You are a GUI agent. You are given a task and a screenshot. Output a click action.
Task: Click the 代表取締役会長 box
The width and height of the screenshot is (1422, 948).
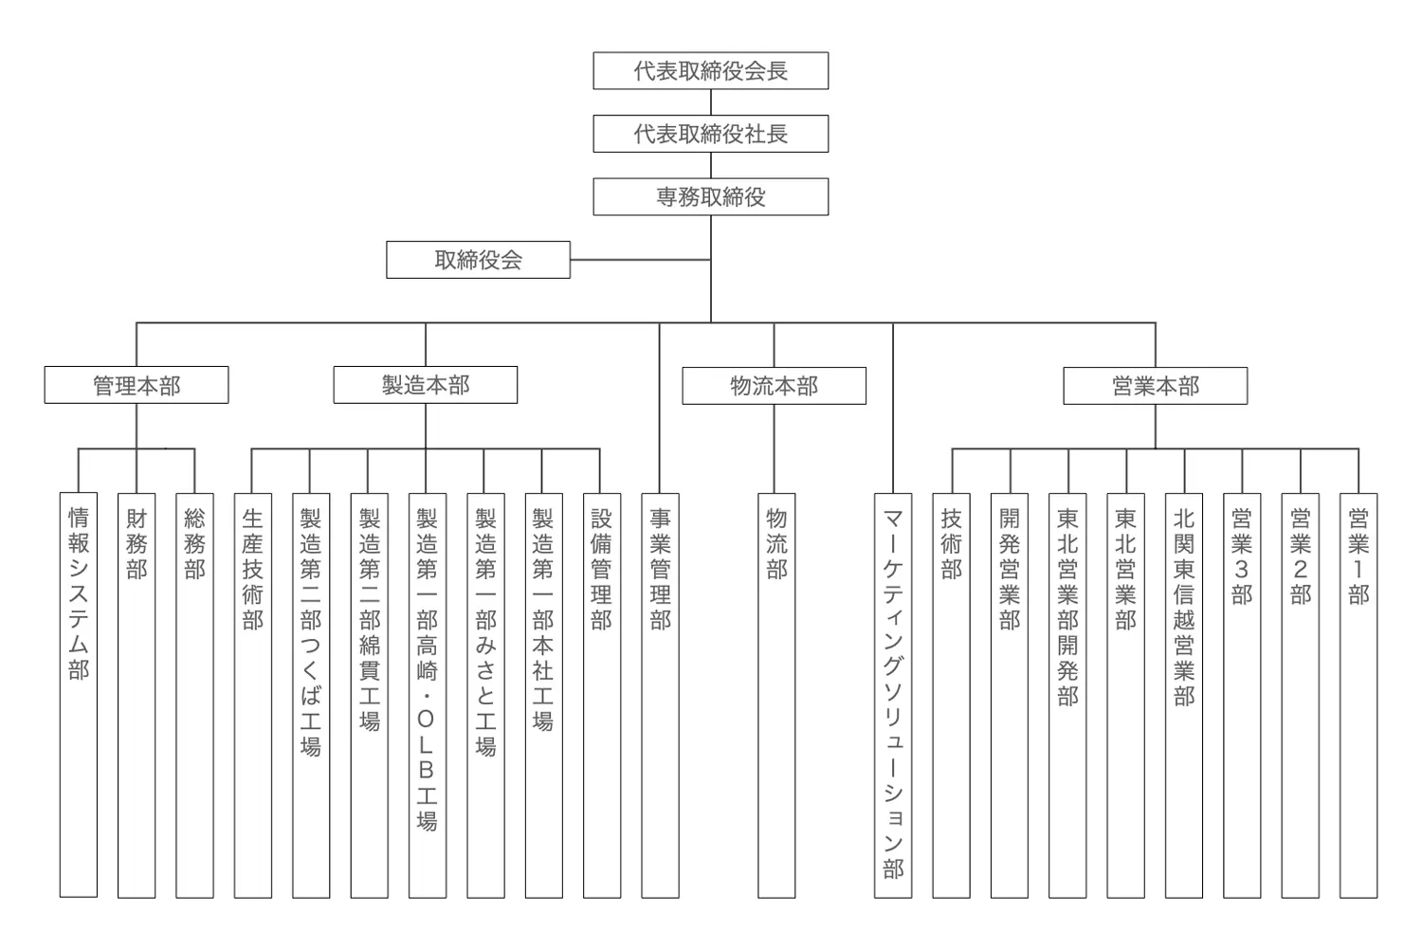[x=710, y=71]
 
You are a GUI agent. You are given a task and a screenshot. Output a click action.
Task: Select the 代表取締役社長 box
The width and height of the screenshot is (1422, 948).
[x=710, y=134]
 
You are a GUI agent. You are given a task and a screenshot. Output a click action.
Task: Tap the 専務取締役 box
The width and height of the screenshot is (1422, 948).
[x=710, y=197]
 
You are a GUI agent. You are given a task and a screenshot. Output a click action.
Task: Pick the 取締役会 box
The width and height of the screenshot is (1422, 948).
[x=478, y=260]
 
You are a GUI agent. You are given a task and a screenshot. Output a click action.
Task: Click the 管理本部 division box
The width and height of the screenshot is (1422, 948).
[x=137, y=385]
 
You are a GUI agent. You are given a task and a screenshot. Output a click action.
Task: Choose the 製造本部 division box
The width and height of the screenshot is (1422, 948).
[x=425, y=385]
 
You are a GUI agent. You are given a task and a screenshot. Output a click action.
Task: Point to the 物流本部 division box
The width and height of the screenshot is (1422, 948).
[x=774, y=386]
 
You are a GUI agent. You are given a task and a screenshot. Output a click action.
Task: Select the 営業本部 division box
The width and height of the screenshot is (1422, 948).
[x=1155, y=386]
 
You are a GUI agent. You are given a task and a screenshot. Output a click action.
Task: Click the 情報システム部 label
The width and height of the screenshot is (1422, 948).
[x=79, y=593]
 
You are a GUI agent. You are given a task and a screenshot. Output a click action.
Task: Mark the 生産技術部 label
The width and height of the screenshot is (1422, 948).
[x=253, y=569]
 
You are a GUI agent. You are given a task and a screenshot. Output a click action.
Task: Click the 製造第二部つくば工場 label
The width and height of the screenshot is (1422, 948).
[x=311, y=631]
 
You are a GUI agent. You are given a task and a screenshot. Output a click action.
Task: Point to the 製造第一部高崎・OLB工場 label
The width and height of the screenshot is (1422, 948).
[x=427, y=669]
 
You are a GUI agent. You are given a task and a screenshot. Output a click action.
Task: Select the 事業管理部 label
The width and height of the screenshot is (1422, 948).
[x=660, y=569]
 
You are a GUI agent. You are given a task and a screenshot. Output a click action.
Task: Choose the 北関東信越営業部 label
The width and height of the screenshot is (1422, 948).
[x=1184, y=607]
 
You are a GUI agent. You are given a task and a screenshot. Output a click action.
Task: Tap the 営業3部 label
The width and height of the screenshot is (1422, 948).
[x=1242, y=556]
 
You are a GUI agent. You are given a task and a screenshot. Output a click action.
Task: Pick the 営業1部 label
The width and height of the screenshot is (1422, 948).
[x=1358, y=556]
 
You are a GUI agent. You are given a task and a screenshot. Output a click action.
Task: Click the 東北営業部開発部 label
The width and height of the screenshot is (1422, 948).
[x=1067, y=607]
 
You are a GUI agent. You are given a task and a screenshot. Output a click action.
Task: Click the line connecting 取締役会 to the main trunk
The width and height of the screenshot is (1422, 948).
[x=640, y=260]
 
